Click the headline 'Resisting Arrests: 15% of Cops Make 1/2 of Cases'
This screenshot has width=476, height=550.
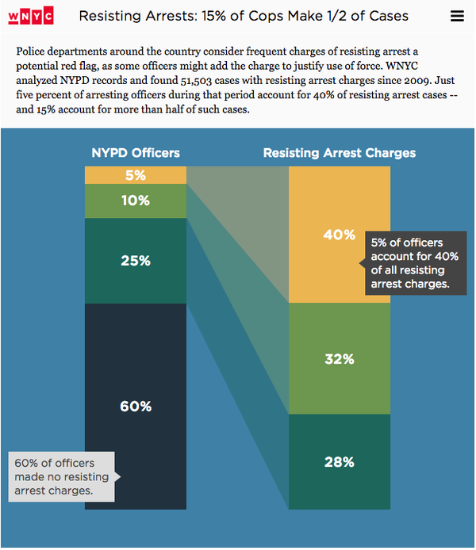tap(244, 16)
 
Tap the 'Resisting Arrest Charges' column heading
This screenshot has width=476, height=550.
tap(340, 153)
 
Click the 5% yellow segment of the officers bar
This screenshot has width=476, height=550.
tap(135, 175)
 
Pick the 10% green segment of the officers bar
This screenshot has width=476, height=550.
tap(135, 201)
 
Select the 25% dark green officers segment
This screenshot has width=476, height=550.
tap(135, 261)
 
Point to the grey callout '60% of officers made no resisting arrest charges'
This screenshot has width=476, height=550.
tap(62, 477)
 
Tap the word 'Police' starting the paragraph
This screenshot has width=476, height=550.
tap(31, 51)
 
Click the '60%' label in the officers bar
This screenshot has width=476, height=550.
tap(135, 407)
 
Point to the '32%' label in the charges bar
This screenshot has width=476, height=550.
tap(339, 359)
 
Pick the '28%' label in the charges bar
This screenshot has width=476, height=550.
tap(339, 462)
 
